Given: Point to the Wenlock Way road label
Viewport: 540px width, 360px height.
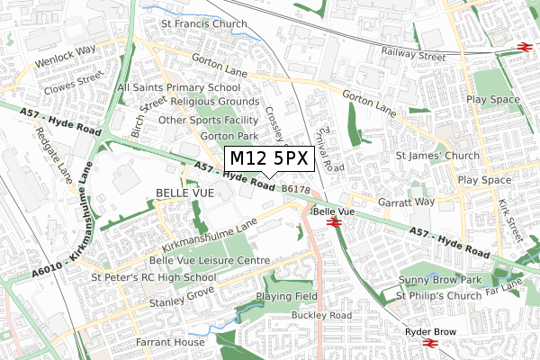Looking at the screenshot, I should click(67, 51).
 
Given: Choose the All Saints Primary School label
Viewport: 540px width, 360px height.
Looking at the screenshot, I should click(179, 87).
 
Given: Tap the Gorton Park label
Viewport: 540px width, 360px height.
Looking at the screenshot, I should click(204, 135).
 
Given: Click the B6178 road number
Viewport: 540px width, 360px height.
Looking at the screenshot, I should click(295, 189).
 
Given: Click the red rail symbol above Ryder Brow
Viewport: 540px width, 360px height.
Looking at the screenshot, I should click(430, 343).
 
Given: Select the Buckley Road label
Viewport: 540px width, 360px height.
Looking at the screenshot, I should click(321, 316).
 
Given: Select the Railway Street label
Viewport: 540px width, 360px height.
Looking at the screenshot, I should click(413, 56).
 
